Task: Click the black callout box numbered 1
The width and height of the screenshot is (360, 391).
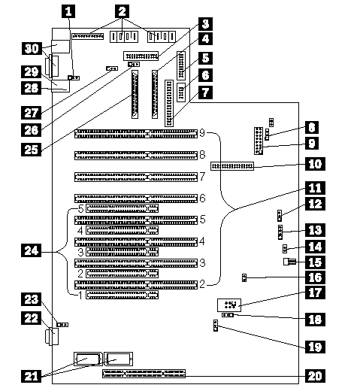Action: (68, 11)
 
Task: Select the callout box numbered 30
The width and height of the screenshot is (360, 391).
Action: (32, 49)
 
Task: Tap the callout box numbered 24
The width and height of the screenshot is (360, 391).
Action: (31, 250)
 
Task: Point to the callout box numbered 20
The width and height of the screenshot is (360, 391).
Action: (315, 376)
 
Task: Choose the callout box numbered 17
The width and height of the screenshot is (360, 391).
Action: (315, 292)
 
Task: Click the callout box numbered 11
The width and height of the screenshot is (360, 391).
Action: (315, 188)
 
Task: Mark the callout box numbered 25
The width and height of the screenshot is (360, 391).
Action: (31, 150)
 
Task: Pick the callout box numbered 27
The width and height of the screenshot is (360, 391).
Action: (31, 113)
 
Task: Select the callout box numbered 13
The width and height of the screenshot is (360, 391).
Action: (315, 230)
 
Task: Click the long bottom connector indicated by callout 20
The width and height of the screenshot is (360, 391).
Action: (144, 374)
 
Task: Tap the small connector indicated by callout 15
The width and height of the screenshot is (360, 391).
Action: (289, 262)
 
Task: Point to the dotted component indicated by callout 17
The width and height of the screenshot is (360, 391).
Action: (229, 305)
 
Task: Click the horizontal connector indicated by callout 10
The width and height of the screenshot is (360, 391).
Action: (232, 166)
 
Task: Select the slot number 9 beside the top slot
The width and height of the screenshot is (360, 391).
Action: (202, 133)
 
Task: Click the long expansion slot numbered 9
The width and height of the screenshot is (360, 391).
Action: (136, 134)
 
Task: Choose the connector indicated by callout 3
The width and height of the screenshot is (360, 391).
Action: (141, 56)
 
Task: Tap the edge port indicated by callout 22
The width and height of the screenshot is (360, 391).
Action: (53, 337)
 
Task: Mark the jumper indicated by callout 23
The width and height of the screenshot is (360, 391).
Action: (62, 325)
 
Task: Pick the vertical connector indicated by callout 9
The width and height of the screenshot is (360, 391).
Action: (259, 141)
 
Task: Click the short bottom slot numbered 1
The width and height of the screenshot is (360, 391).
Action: (122, 295)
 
